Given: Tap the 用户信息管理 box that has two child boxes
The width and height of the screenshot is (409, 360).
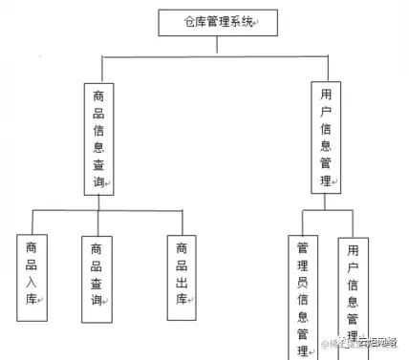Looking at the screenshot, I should [x=328, y=137].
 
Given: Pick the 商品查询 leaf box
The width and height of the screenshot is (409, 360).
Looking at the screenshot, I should [x=97, y=277].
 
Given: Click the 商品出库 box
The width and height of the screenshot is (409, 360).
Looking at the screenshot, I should [x=181, y=272].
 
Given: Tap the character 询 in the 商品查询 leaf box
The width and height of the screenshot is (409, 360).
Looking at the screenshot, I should [x=96, y=301].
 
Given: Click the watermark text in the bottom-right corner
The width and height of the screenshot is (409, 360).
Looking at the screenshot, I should [x=367, y=344].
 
